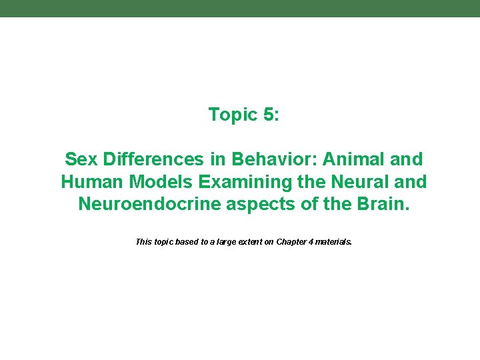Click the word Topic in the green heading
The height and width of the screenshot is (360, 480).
(233, 115)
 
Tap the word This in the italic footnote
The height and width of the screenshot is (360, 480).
(143, 242)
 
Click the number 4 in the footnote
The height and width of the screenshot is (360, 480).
(311, 242)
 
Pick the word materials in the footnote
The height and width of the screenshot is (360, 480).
(333, 242)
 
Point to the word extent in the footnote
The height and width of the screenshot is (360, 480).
(241, 242)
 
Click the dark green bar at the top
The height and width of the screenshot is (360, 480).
(240, 8)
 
